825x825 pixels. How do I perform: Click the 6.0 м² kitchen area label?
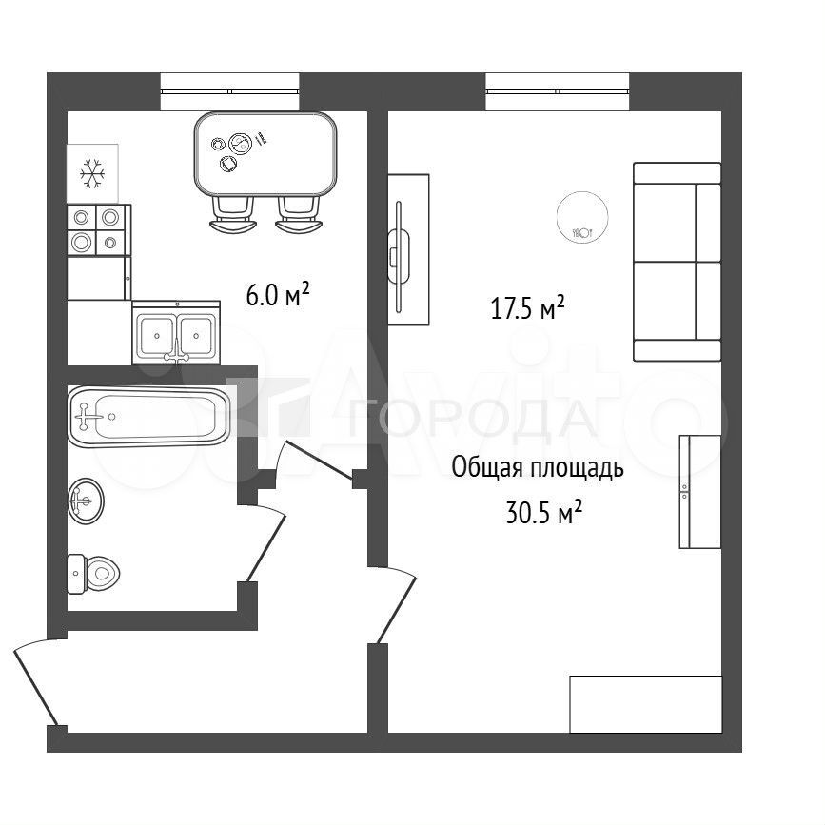pyautogui.click(x=277, y=295)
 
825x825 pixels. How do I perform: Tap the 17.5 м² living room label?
pyautogui.click(x=528, y=307)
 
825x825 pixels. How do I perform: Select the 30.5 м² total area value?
pyautogui.click(x=544, y=512)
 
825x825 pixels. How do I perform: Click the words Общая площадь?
pyautogui.click(x=538, y=468)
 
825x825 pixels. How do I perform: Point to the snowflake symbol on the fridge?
pyautogui.click(x=92, y=173)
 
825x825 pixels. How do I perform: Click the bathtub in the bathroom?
pyautogui.click(x=148, y=417)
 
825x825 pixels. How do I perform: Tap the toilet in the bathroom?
pyautogui.click(x=93, y=574)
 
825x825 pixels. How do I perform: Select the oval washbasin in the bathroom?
pyautogui.click(x=86, y=501)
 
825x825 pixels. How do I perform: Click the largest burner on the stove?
pyautogui.click(x=82, y=242)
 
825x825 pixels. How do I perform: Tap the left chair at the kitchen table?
pyautogui.click(x=233, y=214)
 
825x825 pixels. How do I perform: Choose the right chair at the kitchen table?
pyautogui.click(x=299, y=214)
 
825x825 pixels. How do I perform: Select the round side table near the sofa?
pyautogui.click(x=582, y=217)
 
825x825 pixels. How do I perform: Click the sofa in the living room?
pyautogui.click(x=678, y=262)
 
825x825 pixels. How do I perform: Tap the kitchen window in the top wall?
pyautogui.click(x=230, y=91)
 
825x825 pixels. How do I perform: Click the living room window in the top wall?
pyautogui.click(x=558, y=91)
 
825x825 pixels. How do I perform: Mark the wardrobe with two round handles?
pyautogui.click(x=699, y=491)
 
